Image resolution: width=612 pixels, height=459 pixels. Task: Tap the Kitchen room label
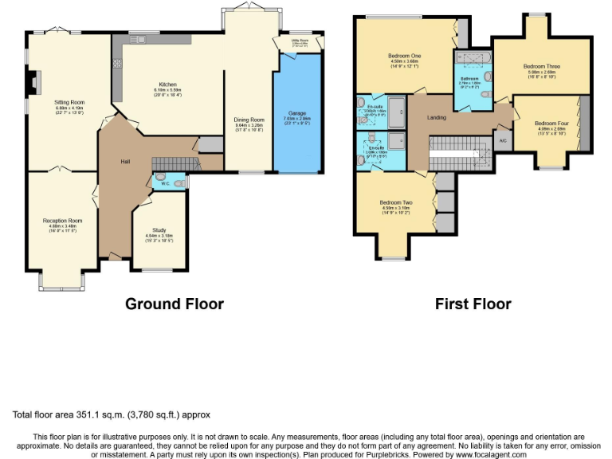click(x=167, y=84)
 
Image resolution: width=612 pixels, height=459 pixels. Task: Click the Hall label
click(x=125, y=162)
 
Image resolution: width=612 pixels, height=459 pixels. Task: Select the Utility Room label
click(x=300, y=40)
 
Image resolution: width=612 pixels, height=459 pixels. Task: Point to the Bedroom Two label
click(x=395, y=202)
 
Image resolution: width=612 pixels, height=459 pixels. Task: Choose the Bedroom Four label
click(x=551, y=124)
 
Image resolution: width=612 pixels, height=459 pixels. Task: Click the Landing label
click(x=437, y=117)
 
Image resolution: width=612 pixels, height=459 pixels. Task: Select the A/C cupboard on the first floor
click(x=502, y=141)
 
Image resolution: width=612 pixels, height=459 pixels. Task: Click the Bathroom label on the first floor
click(x=469, y=78)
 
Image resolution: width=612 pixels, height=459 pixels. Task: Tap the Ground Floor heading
click(x=175, y=304)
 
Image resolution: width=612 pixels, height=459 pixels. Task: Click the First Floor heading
click(x=473, y=304)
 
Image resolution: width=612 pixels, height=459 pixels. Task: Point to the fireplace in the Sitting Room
click(x=31, y=82)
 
